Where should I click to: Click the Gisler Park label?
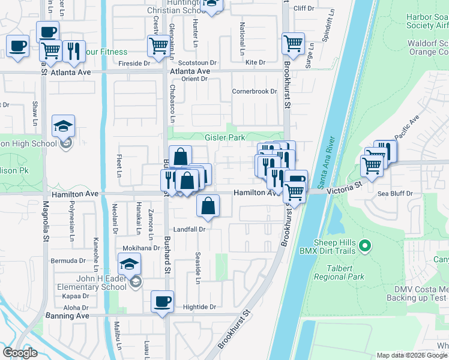click(226, 137)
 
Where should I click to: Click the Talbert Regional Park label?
click(340, 273)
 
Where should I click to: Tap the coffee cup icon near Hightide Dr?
click(161, 302)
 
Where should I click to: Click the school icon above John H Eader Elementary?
click(129, 264)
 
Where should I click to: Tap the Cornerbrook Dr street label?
click(255, 91)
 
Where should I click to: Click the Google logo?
click(20, 353)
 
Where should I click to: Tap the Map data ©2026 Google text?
click(411, 355)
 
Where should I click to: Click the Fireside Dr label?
click(134, 63)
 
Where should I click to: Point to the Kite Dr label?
click(255, 62)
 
